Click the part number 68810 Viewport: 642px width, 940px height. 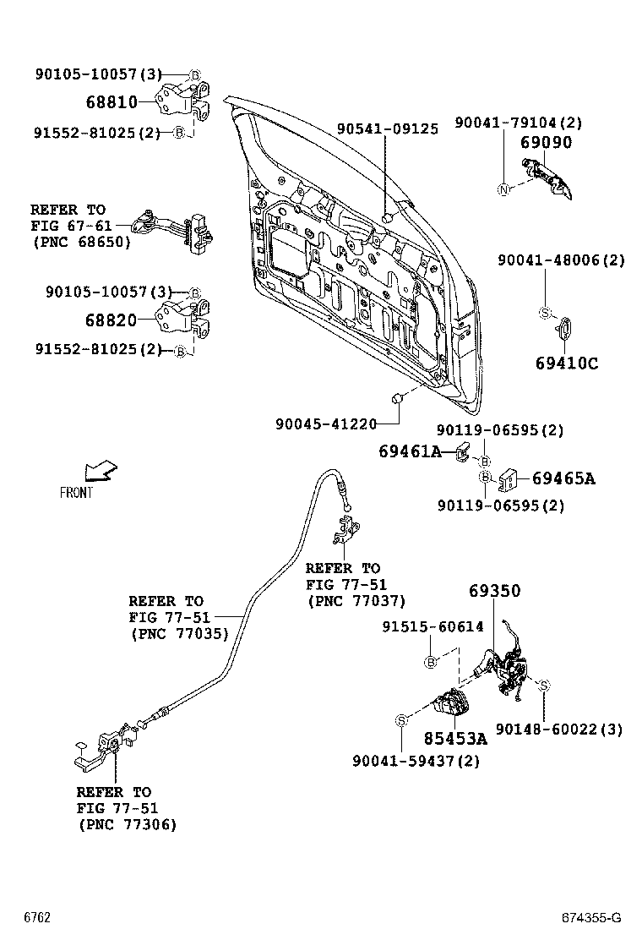tap(111, 102)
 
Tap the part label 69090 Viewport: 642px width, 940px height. tap(545, 143)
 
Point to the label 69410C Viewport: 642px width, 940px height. tap(566, 363)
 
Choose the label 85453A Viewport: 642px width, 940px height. tap(455, 738)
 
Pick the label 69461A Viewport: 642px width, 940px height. tap(410, 452)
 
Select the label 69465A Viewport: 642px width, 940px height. tap(563, 479)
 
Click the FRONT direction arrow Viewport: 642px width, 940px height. tap(101, 471)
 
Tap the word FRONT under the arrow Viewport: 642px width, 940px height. tap(76, 493)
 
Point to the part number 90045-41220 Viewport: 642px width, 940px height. tap(325, 423)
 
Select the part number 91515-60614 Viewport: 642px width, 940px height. tap(433, 626)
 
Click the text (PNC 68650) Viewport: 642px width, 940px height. tap(81, 242)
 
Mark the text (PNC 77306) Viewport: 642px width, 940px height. tap(127, 824)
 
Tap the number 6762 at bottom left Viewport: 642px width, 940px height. tap(37, 918)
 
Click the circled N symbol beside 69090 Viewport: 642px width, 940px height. tap(503, 189)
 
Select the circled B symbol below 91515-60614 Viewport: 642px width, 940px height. tap(431, 662)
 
